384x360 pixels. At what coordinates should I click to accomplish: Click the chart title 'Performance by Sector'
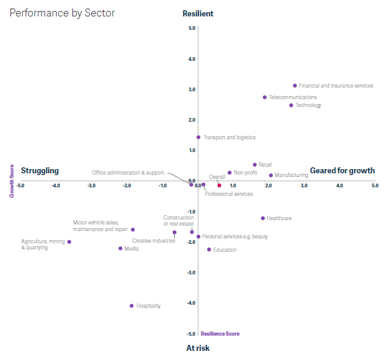point(62,13)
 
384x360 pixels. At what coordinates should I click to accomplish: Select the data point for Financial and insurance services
point(295,86)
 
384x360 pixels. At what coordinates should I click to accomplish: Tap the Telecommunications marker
point(265,97)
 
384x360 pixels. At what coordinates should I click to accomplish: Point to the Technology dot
point(291,105)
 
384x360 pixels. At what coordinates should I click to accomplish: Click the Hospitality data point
point(131,306)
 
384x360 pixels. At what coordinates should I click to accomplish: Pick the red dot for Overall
point(220,185)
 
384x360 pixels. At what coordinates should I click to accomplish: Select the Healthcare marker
point(263,218)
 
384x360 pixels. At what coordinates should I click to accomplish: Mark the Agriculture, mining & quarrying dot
point(69,242)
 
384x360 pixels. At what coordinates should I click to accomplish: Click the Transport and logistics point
point(198,137)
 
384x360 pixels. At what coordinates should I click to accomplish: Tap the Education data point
point(209,249)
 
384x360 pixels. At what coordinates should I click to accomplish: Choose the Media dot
point(120,248)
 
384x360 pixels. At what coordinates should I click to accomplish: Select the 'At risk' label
point(198,348)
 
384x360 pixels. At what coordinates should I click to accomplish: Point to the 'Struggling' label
point(40,171)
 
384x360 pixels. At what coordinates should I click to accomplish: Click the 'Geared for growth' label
point(343,171)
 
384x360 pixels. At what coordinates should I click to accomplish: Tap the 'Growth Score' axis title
point(11,181)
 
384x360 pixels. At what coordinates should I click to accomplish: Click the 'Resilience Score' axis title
point(220,334)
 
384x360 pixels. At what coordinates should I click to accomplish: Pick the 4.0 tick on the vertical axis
point(192,59)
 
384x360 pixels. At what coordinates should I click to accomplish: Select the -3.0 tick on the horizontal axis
point(91,185)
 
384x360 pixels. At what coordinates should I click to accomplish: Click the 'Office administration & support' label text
point(128,173)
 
